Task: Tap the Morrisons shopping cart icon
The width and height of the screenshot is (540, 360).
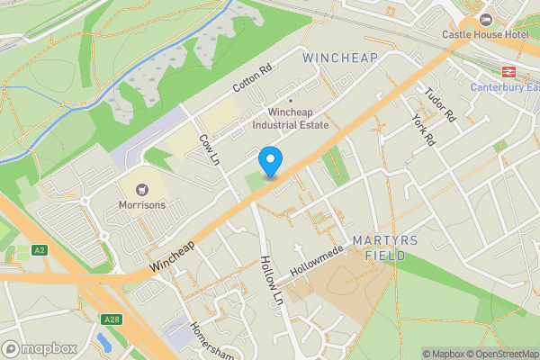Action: point(140,190)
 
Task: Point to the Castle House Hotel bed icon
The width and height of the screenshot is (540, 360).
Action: point(487,19)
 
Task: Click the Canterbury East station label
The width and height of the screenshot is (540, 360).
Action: point(506,87)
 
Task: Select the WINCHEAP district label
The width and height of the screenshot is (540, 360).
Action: point(341,58)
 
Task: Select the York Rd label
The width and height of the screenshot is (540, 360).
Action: point(421,130)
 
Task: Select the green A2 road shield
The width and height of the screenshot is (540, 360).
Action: point(39,249)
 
